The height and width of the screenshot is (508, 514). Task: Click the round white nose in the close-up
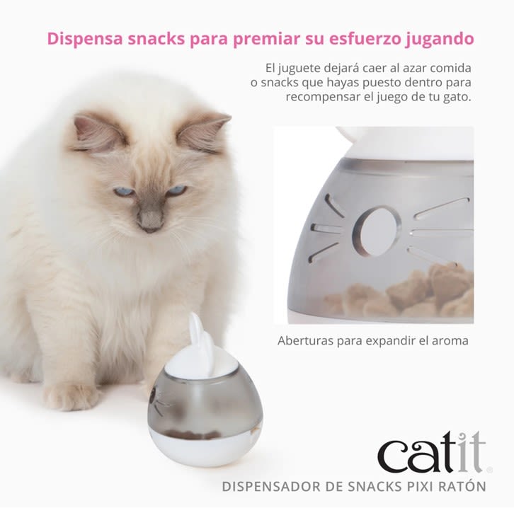377,230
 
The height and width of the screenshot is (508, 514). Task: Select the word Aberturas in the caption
305,340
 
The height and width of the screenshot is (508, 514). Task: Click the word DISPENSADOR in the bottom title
268,486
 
